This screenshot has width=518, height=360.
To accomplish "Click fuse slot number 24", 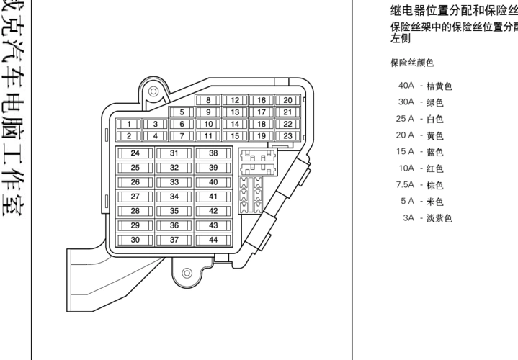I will point(135,153).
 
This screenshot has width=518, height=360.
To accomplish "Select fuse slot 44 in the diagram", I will point(213,240).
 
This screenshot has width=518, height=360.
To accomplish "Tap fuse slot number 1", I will point(128,124).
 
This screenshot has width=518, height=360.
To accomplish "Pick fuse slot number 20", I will point(287,101).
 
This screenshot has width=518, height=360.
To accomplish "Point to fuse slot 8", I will point(208,101).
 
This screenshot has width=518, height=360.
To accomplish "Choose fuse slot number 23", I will point(287,135).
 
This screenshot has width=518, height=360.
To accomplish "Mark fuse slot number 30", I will point(135,240).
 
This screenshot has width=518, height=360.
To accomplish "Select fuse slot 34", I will point(174,197).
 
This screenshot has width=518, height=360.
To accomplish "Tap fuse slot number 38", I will point(213,153).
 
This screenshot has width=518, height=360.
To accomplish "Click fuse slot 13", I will point(234,112).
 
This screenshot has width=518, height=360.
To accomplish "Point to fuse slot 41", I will point(213,197).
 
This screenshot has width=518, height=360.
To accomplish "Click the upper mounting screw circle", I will point(153,93).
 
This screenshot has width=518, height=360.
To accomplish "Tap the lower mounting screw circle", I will point(187,273).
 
